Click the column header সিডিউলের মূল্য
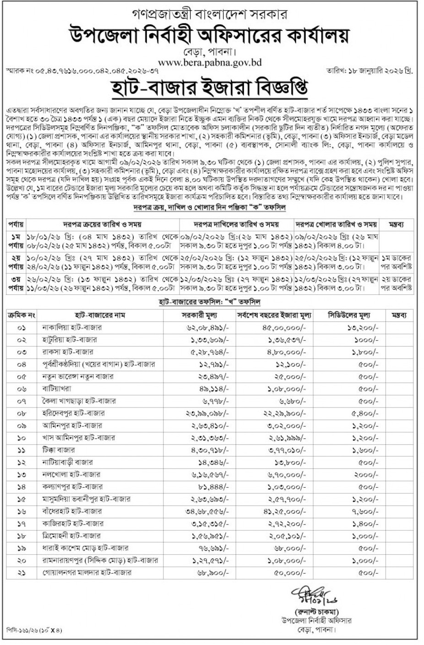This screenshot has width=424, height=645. pos(349,315)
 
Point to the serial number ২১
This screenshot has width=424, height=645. pos(22,573)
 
